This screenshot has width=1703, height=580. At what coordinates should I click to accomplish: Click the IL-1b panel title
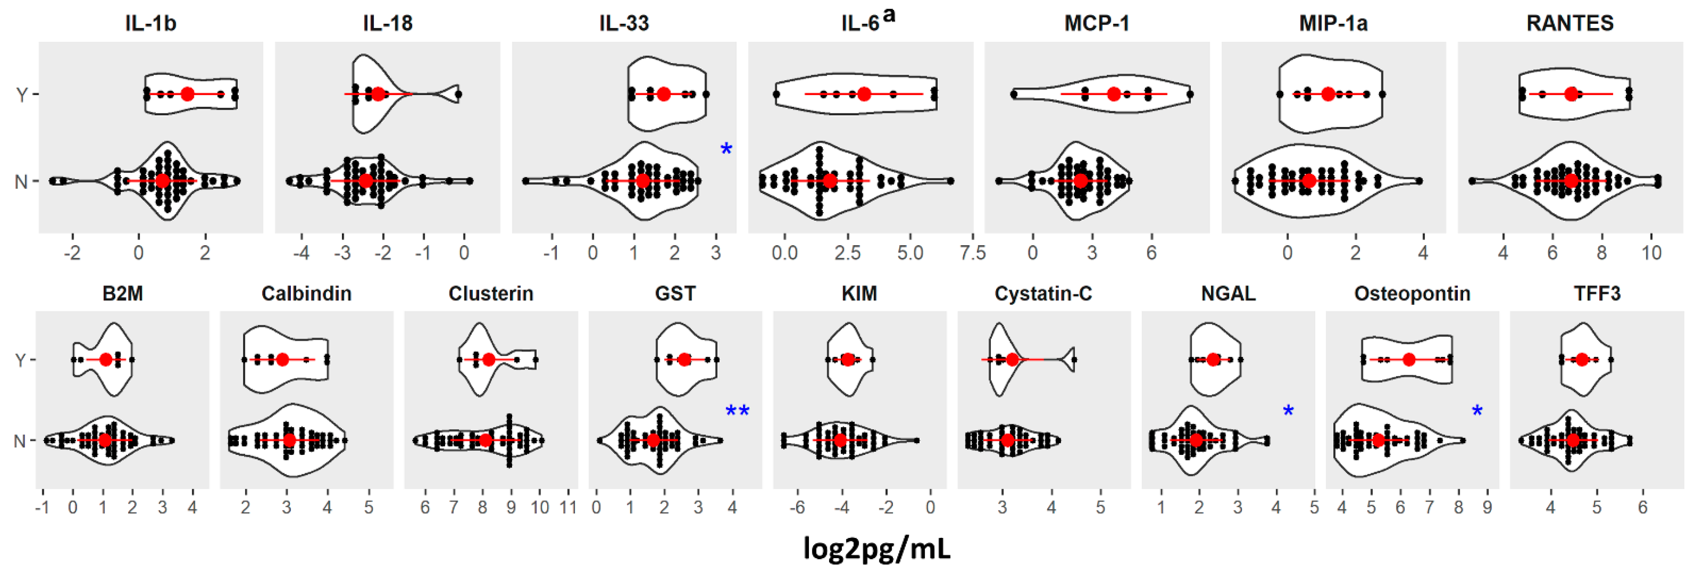pos(151,24)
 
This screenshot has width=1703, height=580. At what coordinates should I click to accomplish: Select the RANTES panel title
pos(1569,24)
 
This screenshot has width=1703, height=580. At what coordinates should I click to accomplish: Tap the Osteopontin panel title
pos(1412,294)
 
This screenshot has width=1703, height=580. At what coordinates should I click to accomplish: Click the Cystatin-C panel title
pos(1043,294)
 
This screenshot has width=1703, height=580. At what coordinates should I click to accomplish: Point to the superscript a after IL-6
pos(889,14)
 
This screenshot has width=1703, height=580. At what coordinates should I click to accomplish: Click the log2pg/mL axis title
pos(877,548)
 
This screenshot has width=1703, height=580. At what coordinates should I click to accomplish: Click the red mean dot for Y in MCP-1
pos(1114,94)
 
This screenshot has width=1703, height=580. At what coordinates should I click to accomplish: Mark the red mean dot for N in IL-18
pos(366,180)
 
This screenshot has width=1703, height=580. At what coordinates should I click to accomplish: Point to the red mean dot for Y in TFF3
pos(1581,360)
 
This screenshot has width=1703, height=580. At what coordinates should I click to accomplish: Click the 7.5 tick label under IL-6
pos(972,253)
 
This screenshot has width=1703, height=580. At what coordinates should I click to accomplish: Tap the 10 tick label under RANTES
pos(1651,253)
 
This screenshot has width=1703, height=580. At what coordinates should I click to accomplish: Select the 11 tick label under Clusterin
pos(568,508)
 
